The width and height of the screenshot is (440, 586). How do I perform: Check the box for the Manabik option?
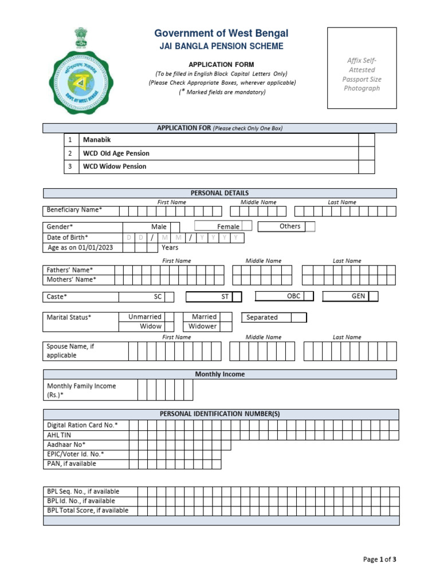(366, 140)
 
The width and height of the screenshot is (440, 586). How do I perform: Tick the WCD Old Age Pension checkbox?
(366, 153)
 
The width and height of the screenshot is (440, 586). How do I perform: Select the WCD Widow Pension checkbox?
(366, 167)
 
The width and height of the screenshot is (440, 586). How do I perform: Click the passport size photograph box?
(362, 68)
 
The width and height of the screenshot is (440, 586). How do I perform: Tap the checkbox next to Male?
(175, 227)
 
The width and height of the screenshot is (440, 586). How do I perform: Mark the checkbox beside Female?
(247, 227)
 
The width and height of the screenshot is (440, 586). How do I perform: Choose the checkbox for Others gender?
(310, 227)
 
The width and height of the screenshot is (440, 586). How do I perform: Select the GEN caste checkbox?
(374, 296)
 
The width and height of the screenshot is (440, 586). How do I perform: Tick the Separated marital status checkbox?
(298, 317)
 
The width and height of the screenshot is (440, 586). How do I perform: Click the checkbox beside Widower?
(226, 326)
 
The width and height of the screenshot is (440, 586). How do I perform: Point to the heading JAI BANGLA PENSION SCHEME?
(221, 46)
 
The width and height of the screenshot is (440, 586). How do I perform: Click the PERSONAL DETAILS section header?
(220, 193)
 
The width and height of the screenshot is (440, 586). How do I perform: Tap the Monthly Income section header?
(220, 374)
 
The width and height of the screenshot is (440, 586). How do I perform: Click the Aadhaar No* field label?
(66, 445)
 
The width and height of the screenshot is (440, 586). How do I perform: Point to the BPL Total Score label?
(87, 510)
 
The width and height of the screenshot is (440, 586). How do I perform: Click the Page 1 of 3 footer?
(380, 560)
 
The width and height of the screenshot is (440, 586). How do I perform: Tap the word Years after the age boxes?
(170, 248)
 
